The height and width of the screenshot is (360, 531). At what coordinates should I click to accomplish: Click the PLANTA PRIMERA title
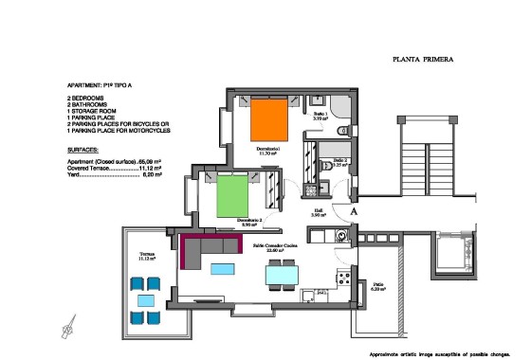422,59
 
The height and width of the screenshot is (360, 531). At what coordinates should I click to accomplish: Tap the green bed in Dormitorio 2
232,198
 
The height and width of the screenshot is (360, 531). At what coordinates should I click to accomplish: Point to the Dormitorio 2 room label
249,224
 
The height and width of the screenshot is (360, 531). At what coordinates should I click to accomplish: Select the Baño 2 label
340,161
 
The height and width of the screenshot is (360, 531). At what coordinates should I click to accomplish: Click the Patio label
377,285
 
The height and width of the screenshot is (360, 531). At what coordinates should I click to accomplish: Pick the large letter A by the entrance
355,212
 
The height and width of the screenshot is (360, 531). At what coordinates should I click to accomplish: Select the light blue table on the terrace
146,299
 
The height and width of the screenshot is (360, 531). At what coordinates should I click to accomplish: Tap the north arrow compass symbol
67,328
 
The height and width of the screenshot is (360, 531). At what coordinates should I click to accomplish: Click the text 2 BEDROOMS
91,98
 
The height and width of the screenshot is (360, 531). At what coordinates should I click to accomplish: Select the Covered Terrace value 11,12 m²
152,168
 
